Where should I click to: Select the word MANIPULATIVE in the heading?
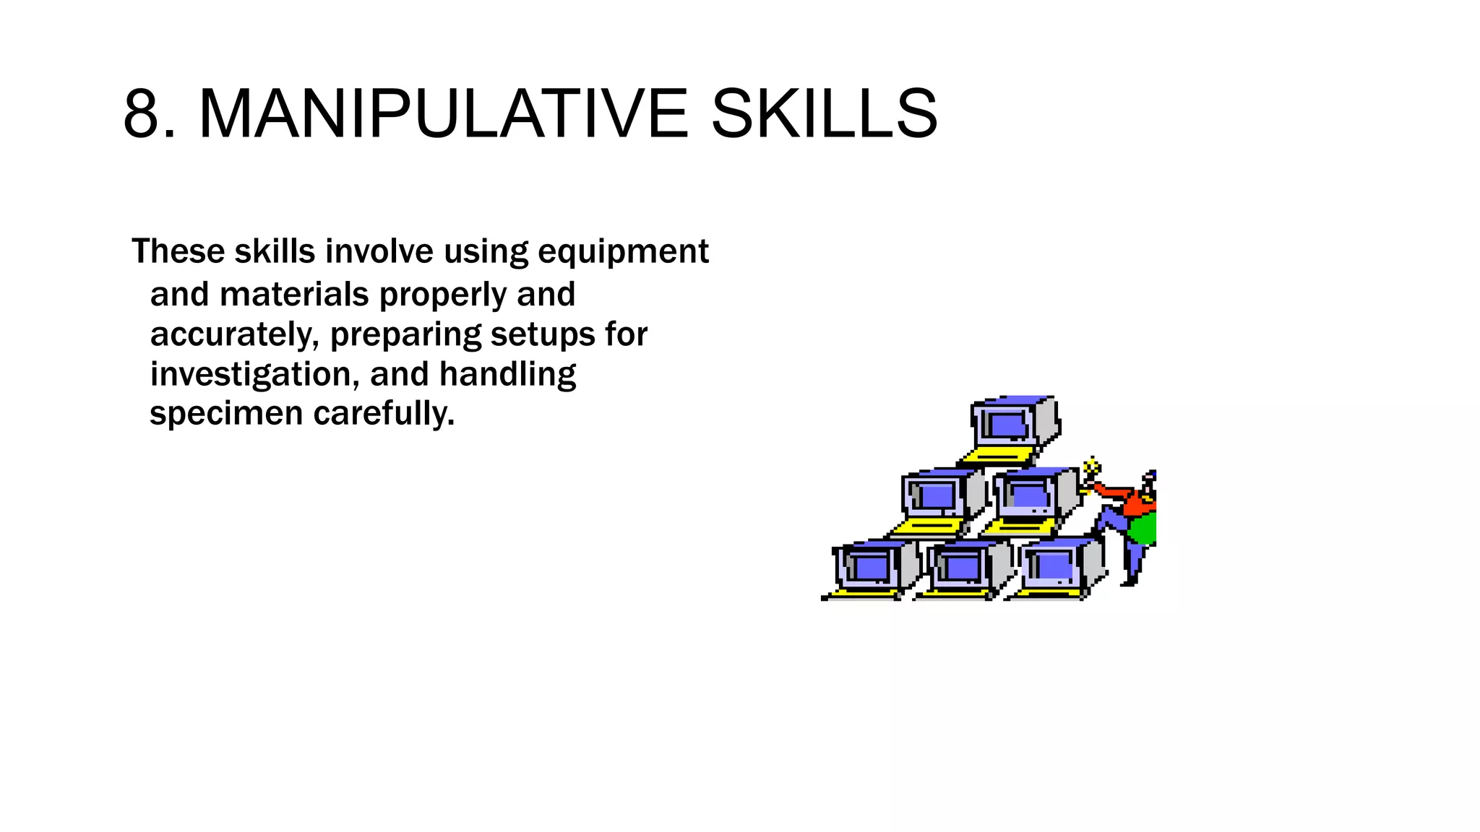point(443,114)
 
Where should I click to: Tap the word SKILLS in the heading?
point(824,114)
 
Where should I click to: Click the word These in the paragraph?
point(178,251)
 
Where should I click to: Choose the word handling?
point(507,375)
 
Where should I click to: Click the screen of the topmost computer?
point(1008,425)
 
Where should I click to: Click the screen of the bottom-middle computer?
point(960,568)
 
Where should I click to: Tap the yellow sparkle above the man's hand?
point(1093,465)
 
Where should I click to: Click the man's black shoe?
point(1129,581)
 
